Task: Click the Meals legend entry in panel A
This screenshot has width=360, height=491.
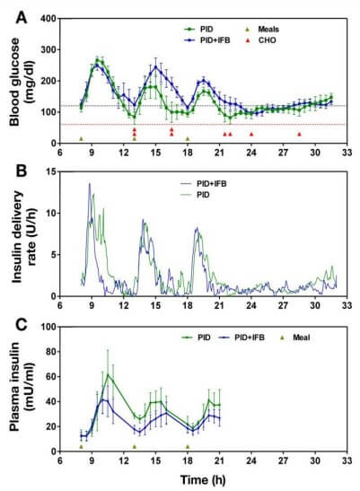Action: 272,29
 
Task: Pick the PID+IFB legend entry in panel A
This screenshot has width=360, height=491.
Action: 204,39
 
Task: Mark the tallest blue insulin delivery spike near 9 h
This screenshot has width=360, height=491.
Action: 89,184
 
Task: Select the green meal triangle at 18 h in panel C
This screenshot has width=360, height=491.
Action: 188,446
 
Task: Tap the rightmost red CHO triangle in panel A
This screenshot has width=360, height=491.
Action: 300,134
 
